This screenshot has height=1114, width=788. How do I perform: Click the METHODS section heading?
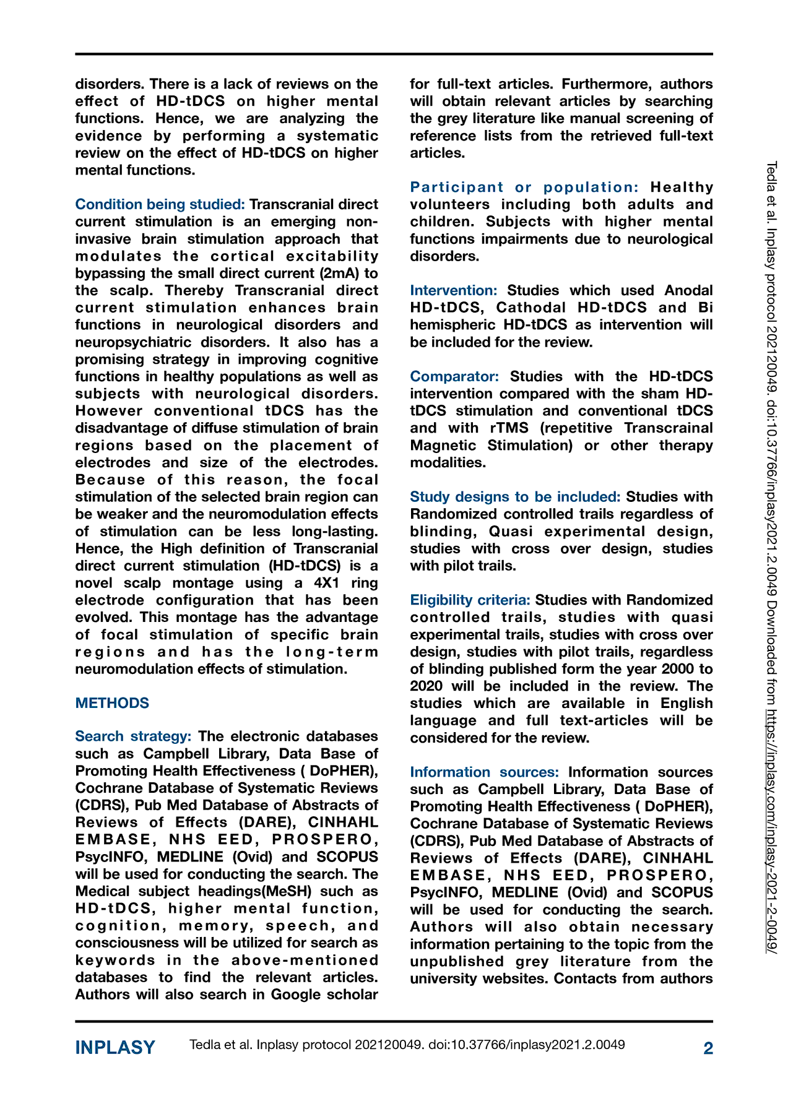pos(112,703)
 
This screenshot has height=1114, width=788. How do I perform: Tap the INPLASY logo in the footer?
pos(115,1048)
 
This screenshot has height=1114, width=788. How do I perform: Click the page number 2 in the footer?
pos(708,1048)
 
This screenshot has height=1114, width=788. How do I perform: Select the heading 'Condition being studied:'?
pos(160,204)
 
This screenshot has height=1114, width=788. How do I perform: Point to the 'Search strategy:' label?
pos(133,736)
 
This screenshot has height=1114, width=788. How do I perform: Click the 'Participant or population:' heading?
pos(524,187)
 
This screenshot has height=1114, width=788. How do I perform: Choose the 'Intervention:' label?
pos(454,290)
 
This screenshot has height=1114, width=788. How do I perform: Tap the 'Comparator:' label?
pos(454,376)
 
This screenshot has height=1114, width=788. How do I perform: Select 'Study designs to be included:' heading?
pos(515,497)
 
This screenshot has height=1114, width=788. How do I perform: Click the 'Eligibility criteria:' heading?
pos(470,600)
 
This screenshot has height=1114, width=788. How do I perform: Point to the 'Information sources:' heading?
pos(484,772)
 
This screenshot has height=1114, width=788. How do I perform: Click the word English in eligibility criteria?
pos(686,704)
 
